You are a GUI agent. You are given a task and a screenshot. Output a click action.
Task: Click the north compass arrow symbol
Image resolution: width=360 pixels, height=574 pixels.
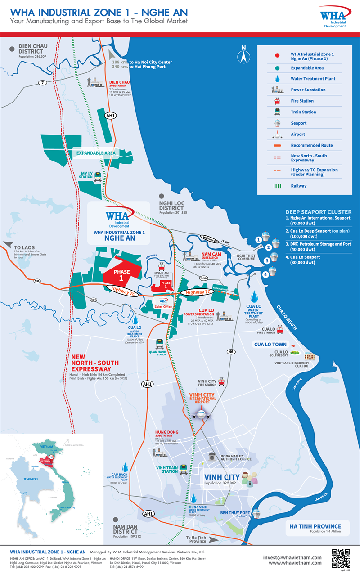tap(243, 56)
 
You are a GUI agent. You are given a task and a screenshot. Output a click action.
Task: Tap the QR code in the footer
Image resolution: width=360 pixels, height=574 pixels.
tap(341, 557)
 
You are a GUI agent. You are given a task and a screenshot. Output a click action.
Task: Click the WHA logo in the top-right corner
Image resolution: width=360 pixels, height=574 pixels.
tap(333, 17)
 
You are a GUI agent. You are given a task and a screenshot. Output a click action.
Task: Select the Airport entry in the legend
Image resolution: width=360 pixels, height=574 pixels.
tap(292, 135)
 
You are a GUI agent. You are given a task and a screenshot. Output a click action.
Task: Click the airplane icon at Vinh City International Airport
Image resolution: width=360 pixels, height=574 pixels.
tap(201, 414)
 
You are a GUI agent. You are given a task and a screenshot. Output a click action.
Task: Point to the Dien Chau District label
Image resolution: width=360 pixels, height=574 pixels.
tap(33, 49)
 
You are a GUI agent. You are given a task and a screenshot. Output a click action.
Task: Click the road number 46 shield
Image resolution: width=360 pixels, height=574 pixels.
tap(232, 352)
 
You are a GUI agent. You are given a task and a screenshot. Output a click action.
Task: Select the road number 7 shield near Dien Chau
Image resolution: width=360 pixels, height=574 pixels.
tap(42, 83)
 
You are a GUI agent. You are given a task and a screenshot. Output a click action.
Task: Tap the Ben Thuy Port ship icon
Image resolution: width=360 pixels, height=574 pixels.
tap(256, 513)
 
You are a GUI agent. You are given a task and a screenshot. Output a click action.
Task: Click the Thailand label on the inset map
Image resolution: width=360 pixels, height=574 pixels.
tap(31, 479)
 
